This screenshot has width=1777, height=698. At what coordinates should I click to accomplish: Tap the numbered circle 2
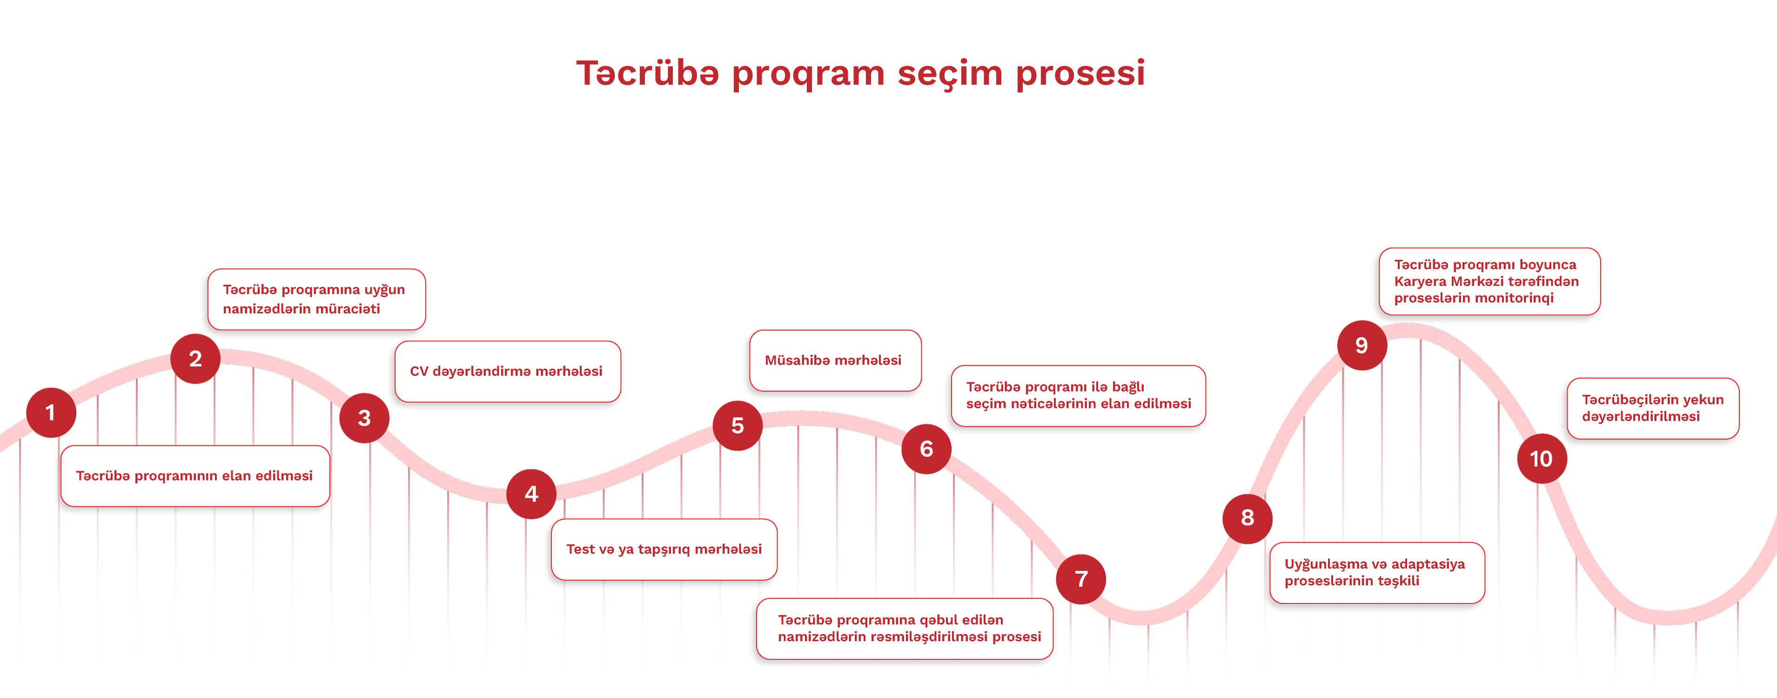195,359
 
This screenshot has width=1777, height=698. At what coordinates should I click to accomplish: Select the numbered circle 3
364,418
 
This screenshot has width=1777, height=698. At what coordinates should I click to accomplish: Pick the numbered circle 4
531,494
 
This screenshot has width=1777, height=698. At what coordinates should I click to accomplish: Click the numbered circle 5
738,426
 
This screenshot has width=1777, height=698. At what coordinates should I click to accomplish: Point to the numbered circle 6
926,449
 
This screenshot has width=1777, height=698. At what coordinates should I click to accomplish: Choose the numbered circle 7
1081,579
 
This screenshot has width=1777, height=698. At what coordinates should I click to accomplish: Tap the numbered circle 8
1247,518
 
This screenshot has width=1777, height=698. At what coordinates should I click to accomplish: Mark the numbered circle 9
1362,346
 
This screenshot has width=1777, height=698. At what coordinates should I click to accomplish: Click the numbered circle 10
1542,459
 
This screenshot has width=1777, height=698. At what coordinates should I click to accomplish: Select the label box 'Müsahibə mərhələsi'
835,361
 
